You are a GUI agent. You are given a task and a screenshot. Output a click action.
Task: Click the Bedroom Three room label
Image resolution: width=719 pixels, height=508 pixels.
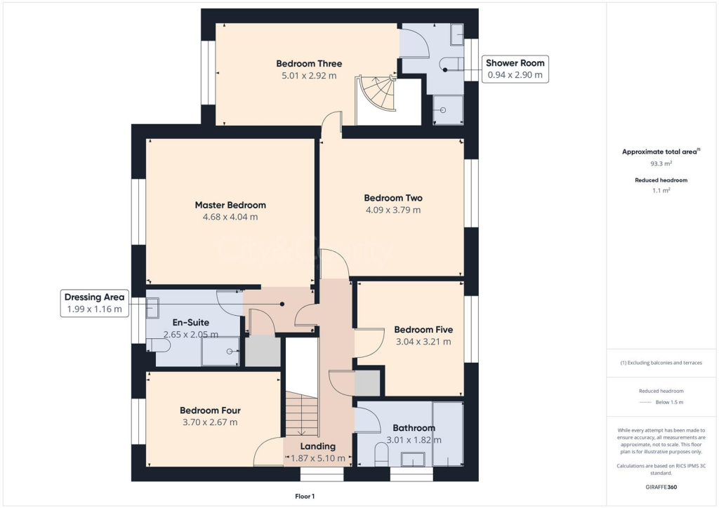coord(309,64)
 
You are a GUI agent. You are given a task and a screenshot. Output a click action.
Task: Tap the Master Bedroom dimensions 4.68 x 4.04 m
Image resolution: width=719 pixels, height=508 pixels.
coord(230,217)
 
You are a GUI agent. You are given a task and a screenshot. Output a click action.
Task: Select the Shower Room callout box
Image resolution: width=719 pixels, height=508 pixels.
coord(515,69)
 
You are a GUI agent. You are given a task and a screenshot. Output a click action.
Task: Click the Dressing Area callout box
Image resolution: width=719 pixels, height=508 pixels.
coord(94,303)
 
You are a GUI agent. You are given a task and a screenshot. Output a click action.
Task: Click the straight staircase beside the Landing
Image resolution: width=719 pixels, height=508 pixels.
coord(301,414)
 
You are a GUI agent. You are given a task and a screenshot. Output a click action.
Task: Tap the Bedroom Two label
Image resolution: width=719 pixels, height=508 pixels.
coord(393,198)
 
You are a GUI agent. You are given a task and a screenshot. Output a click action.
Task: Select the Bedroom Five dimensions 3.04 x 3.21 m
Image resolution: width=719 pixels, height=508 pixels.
coord(423,342)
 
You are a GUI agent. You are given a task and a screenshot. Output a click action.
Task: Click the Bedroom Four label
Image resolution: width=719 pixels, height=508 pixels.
coord(210,410)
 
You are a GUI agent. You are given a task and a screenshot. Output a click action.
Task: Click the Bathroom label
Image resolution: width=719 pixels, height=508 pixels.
coord(414,427)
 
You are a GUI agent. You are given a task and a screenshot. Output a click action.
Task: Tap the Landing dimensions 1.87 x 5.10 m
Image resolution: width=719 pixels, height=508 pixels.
coord(318,458)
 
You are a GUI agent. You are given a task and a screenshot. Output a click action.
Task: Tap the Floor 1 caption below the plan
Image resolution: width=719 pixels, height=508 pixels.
coord(305,496)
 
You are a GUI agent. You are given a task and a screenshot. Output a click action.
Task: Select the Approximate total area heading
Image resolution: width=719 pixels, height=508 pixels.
coord(661,152)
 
